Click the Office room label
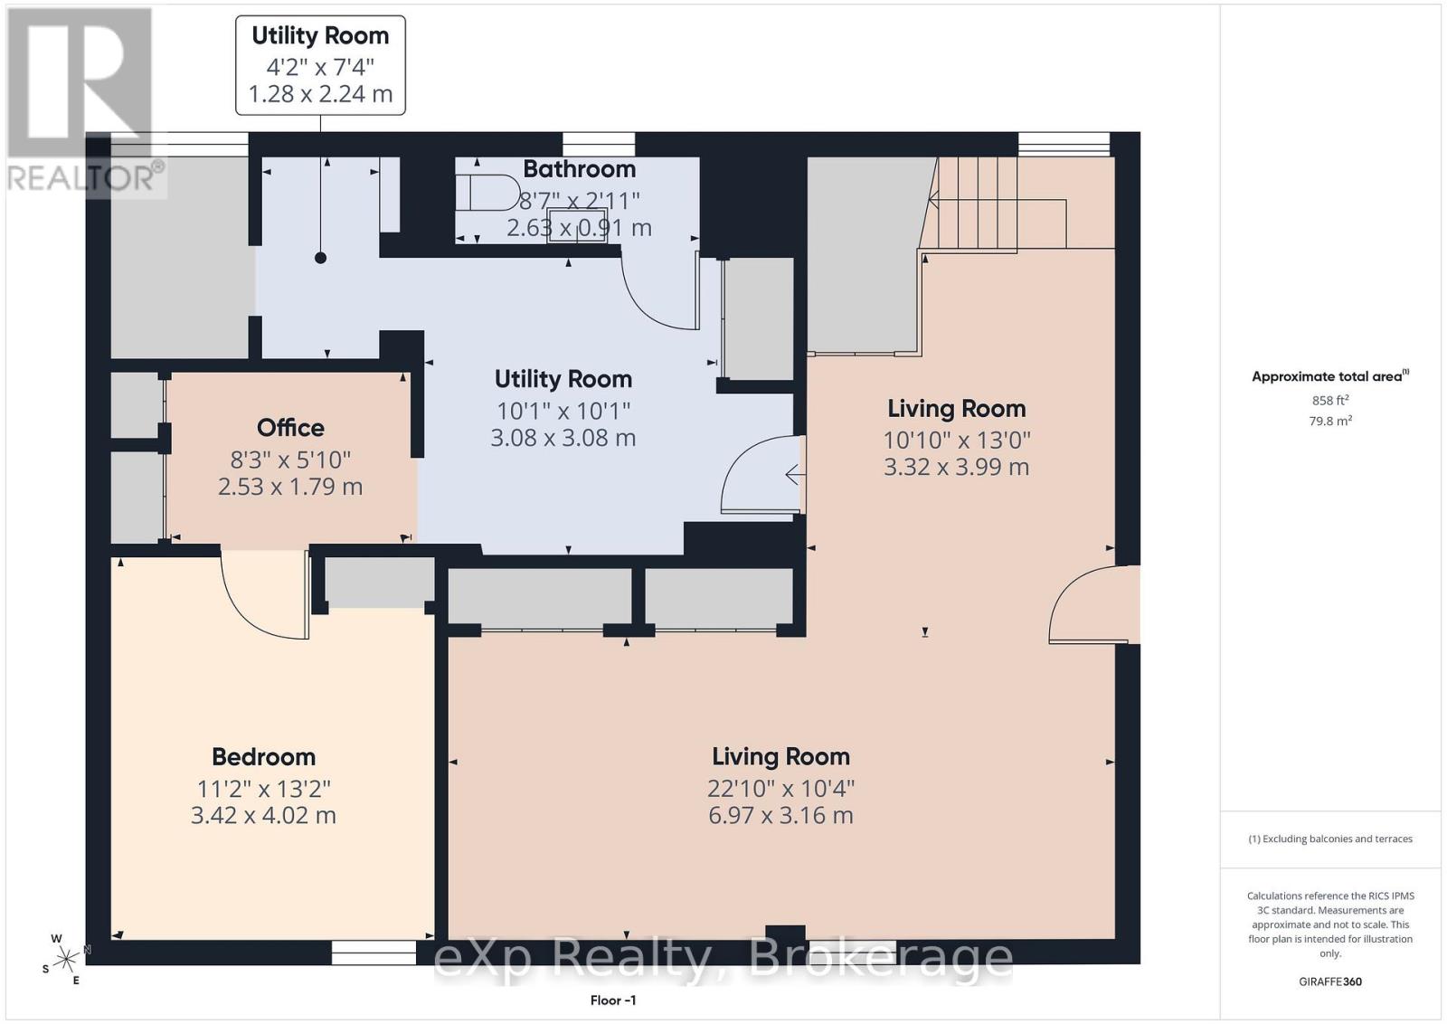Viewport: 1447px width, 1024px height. click(x=290, y=428)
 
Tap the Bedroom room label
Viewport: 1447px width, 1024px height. click(x=263, y=756)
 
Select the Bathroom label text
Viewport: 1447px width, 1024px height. click(x=580, y=169)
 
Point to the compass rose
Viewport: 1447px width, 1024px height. click(x=65, y=960)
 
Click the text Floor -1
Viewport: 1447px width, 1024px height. click(x=613, y=1000)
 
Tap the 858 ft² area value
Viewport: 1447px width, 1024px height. click(x=1329, y=400)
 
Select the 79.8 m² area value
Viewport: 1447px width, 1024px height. click(x=1330, y=421)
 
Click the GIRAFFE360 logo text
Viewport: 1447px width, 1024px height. click(x=1330, y=982)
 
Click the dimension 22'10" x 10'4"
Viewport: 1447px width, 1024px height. click(x=781, y=789)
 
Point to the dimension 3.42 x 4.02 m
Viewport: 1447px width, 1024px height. click(x=263, y=815)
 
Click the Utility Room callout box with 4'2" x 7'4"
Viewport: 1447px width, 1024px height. click(x=320, y=66)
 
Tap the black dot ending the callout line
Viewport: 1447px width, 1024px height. click(x=320, y=258)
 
